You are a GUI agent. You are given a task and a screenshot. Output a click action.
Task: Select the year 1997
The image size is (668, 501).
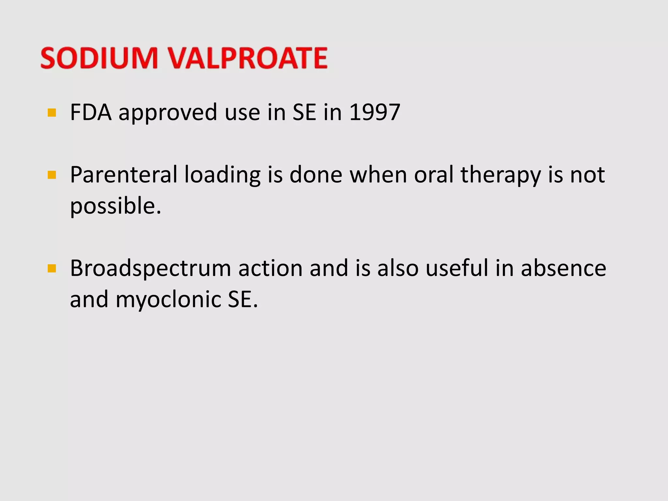coord(374,113)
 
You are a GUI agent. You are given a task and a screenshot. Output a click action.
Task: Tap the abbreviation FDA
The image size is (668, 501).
coord(91,113)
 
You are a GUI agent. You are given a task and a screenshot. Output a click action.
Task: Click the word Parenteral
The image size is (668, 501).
coord(123,175)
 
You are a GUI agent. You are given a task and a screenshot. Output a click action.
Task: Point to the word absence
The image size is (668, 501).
coord(563,268)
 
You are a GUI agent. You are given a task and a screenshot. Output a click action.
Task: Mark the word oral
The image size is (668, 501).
coord(434,175)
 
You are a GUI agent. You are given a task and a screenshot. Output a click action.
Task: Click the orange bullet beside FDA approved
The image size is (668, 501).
coord(52,113)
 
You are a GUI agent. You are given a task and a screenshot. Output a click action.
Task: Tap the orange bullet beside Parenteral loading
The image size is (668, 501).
coord(52,175)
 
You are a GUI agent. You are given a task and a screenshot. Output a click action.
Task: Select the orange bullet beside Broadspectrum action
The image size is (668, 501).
coord(52,269)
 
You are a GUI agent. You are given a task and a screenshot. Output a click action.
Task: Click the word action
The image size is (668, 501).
coord(270,268)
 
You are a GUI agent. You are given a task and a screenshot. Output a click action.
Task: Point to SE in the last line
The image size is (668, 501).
coord(242,299)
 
